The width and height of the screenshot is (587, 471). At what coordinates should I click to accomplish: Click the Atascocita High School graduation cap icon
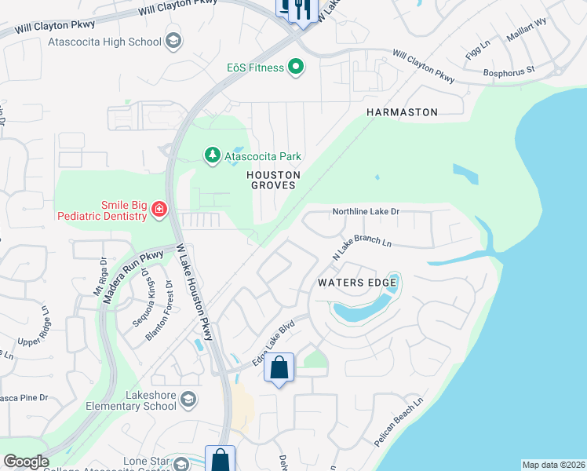click(173, 42)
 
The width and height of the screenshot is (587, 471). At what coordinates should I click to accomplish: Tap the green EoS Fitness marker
click(296, 68)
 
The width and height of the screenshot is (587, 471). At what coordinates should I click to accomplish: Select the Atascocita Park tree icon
click(212, 155)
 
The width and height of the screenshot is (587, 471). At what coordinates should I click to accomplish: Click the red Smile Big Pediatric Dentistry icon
click(159, 209)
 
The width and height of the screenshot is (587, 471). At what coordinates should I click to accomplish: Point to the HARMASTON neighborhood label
click(402, 113)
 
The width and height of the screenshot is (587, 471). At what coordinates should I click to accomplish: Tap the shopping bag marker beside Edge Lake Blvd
click(279, 367)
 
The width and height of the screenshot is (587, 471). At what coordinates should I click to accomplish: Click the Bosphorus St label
click(509, 70)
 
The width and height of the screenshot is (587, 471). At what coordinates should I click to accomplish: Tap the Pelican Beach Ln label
click(399, 422)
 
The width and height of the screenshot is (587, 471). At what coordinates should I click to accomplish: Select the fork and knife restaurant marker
click(303, 9)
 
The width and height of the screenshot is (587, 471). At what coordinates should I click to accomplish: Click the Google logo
click(26, 462)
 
